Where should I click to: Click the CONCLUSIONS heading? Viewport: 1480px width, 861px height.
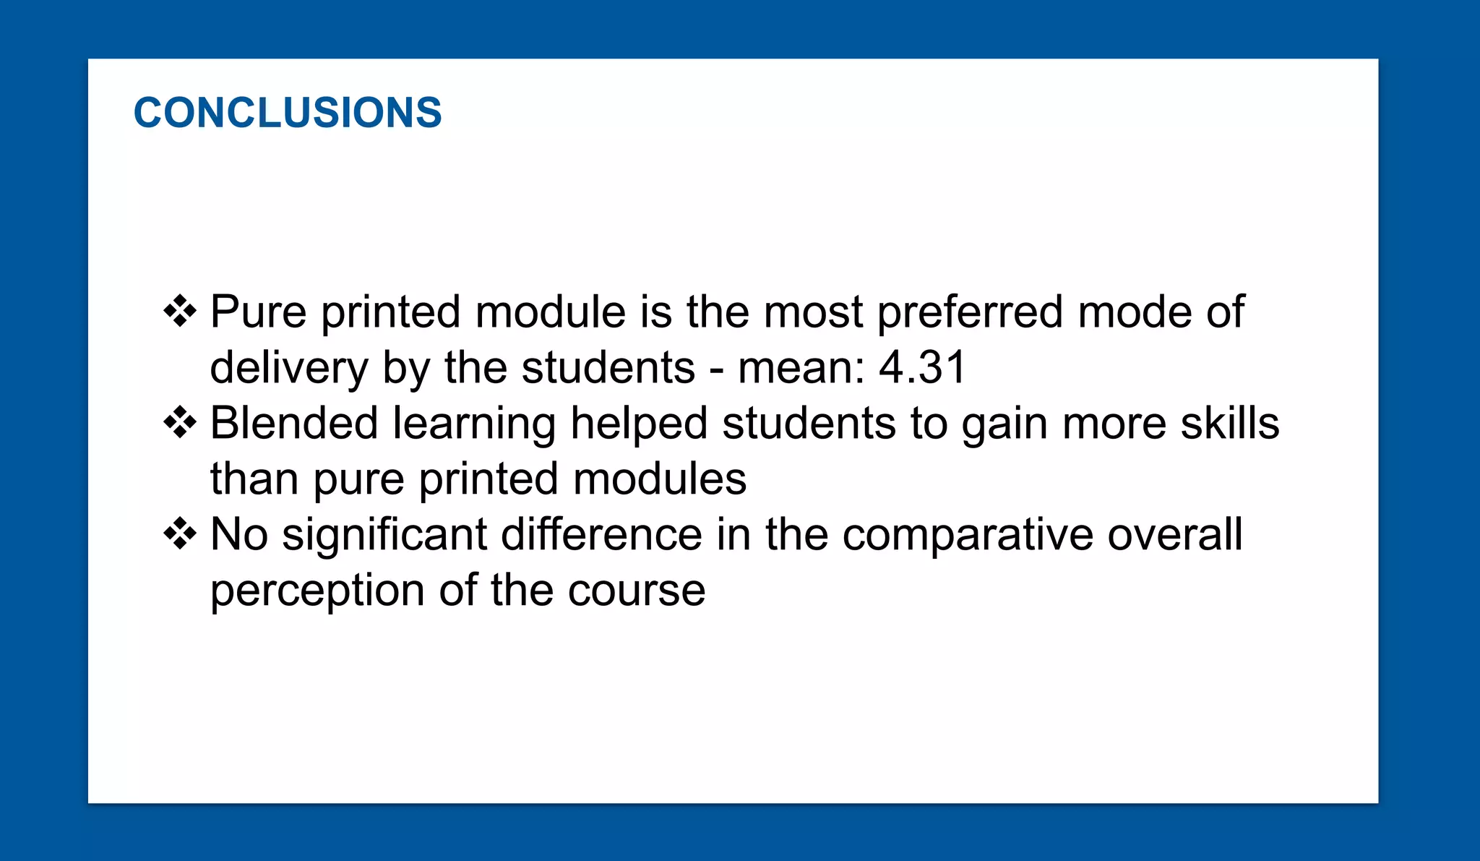(x=288, y=113)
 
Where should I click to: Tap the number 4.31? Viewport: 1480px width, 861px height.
(x=922, y=367)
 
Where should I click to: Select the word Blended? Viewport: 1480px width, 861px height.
(x=294, y=423)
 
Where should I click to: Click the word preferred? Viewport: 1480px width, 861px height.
(x=970, y=313)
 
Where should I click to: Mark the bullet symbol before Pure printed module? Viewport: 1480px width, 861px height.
(x=180, y=312)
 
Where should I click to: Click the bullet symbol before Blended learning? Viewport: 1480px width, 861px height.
(x=180, y=423)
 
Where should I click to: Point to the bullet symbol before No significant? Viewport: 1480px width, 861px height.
(x=180, y=534)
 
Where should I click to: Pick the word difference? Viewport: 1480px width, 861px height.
(x=601, y=534)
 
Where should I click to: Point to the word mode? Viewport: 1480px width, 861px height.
(x=1134, y=312)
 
